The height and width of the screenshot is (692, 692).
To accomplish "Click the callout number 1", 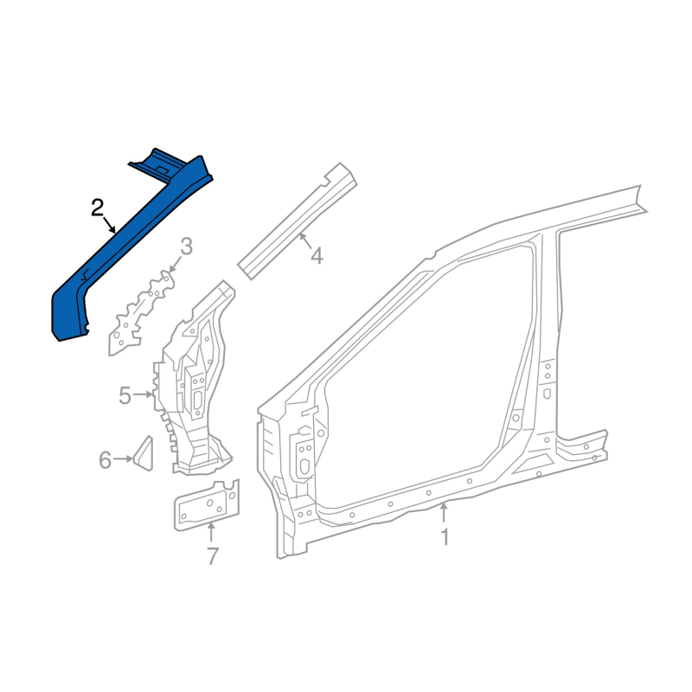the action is pyautogui.click(x=445, y=537).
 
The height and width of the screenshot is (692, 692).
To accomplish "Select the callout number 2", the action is pyautogui.click(x=97, y=208).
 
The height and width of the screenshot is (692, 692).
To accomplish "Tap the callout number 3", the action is pyautogui.click(x=187, y=247).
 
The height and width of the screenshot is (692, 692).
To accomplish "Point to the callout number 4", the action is pyautogui.click(x=317, y=256).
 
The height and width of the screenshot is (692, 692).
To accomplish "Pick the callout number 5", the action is pyautogui.click(x=125, y=395).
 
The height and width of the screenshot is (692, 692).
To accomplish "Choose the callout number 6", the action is pyautogui.click(x=105, y=460).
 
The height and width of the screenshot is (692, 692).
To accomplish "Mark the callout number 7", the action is pyautogui.click(x=213, y=556).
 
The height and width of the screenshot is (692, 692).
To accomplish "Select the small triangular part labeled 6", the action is pyautogui.click(x=144, y=453).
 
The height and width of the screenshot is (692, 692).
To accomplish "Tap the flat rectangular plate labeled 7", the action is pyautogui.click(x=207, y=506).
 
